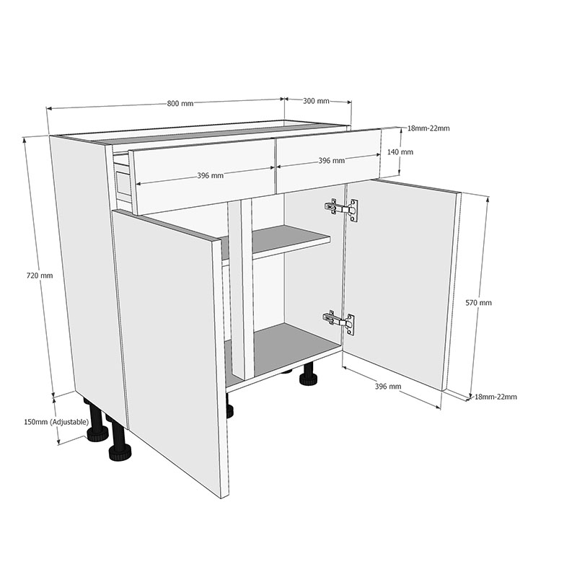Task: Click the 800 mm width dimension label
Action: pos(180,104)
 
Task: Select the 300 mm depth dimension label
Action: pos(316,101)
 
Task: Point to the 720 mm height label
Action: pos(40,276)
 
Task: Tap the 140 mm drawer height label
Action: pos(400,152)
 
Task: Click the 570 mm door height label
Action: pos(479,303)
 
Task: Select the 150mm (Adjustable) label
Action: pos(56,421)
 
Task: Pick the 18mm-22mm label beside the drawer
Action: pos(428,128)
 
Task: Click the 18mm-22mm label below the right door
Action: pos(495,397)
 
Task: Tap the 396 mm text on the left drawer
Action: pos(210,175)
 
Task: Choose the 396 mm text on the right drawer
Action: pos(331,161)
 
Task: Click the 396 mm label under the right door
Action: pos(388,387)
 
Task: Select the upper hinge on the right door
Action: pos(343,209)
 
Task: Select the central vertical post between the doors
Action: pos(241,288)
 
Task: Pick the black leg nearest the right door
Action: pos(309,374)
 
